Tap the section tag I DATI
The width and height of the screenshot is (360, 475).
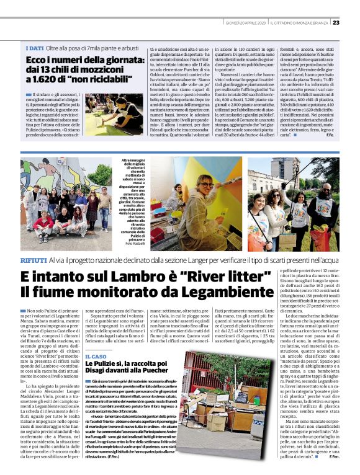click(x=35, y=48)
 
